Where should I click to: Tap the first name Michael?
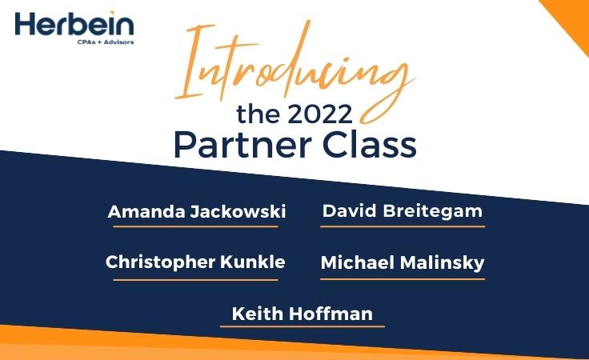pos(353,262)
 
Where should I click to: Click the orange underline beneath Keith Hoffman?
pos(303,326)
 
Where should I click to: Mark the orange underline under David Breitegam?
pos(403,226)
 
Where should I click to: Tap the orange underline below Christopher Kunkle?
pos(195,279)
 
